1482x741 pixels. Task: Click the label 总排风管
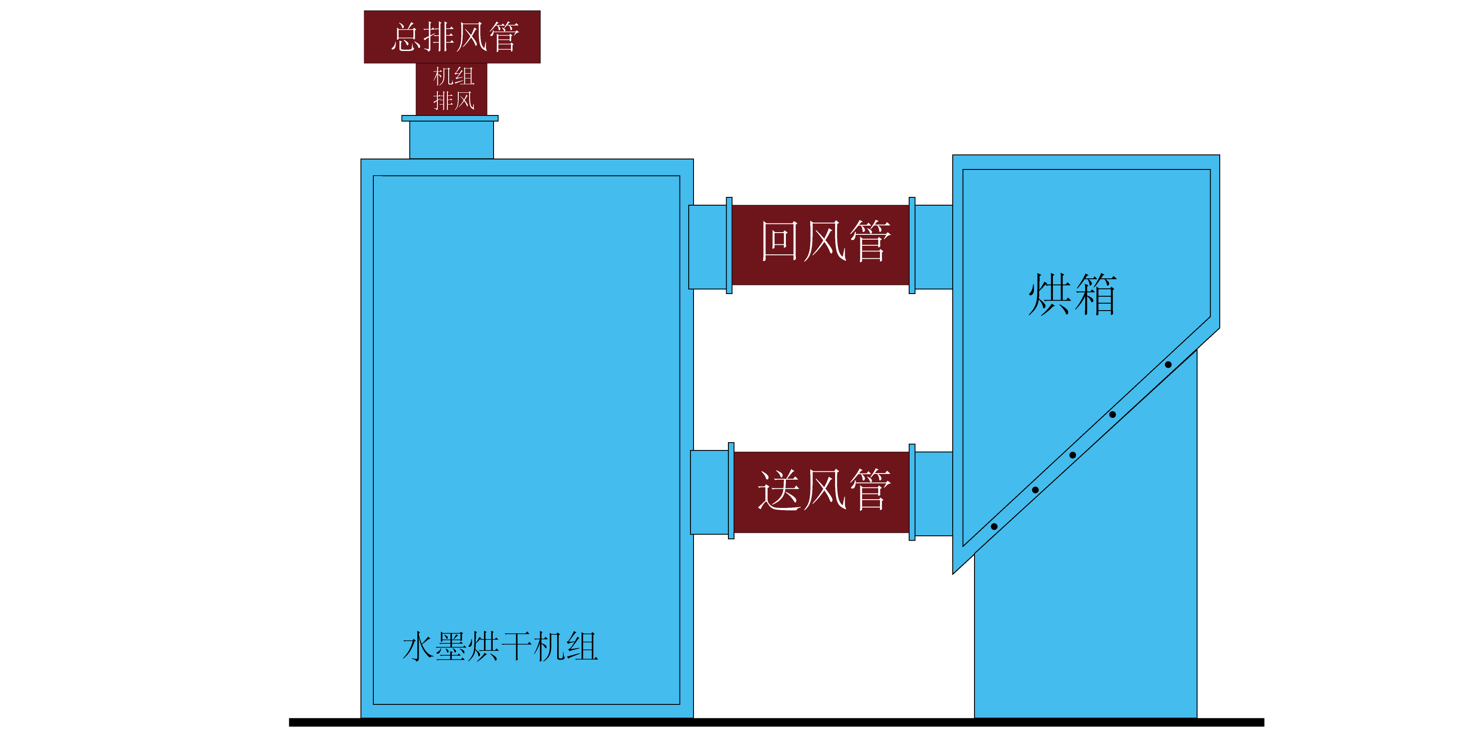click(x=454, y=37)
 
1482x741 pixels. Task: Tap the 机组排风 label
click(x=453, y=88)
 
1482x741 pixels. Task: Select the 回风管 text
click(x=825, y=242)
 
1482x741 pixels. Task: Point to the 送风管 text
click(x=824, y=490)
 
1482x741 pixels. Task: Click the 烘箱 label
click(x=1073, y=294)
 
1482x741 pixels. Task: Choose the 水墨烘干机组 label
click(x=500, y=646)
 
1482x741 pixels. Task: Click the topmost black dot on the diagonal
click(x=1168, y=365)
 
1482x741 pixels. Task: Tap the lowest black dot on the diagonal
click(x=994, y=526)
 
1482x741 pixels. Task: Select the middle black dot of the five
click(x=1073, y=455)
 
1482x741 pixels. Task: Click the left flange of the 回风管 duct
click(x=729, y=246)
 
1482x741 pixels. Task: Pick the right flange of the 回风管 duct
click(x=912, y=246)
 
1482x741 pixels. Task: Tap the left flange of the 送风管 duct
click(x=731, y=491)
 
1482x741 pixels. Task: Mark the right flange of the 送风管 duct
click(x=912, y=492)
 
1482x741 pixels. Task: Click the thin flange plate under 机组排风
click(x=450, y=118)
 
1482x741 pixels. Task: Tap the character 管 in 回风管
click(x=870, y=242)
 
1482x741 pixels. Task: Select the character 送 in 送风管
click(x=779, y=490)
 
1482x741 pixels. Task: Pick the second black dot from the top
click(x=1112, y=415)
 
